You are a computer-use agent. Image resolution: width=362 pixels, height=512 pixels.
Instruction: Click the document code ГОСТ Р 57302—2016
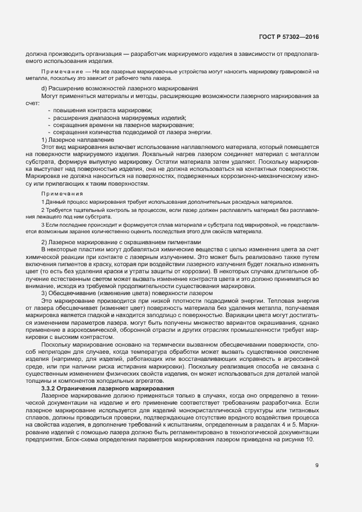coord(289,37)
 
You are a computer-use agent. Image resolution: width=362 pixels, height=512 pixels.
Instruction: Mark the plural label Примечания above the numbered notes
coord(62,193)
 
